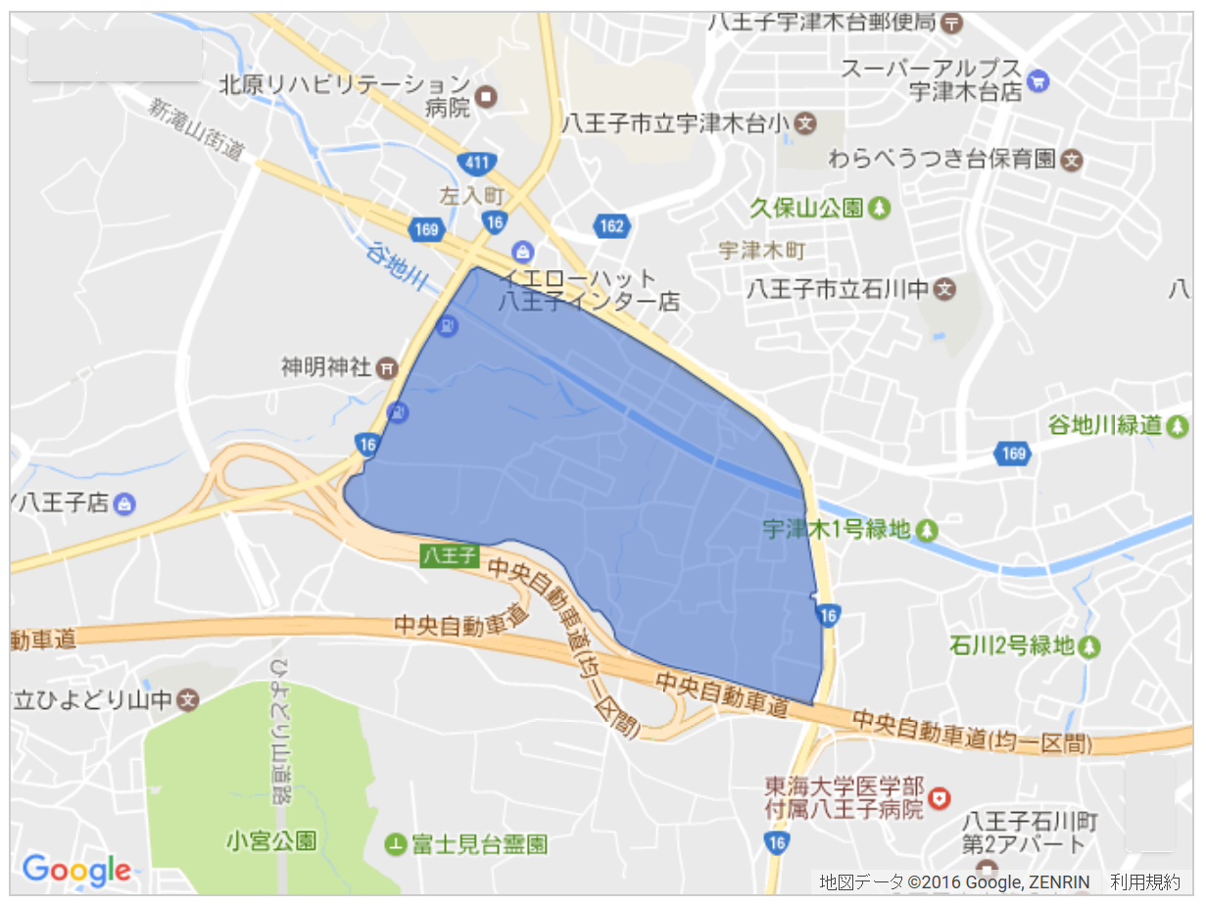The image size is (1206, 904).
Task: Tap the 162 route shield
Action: [610, 227]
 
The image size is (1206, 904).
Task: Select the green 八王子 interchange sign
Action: [449, 556]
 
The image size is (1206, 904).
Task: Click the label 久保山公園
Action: [806, 208]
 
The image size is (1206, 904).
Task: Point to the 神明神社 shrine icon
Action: [388, 368]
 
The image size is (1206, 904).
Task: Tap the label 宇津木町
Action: [761, 250]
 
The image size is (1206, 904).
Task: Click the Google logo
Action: [75, 868]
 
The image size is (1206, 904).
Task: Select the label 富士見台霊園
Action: [479, 843]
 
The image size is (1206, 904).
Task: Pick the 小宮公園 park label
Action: [270, 840]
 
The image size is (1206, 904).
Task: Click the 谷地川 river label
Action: [398, 264]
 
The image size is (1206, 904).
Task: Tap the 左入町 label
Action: [470, 195]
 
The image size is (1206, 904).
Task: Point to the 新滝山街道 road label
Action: [195, 128]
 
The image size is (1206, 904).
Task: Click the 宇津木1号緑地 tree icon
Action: [926, 531]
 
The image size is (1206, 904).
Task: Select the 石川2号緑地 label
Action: [1011, 646]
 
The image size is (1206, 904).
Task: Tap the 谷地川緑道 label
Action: [1104, 425]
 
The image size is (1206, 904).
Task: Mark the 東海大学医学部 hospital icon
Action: [941, 798]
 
